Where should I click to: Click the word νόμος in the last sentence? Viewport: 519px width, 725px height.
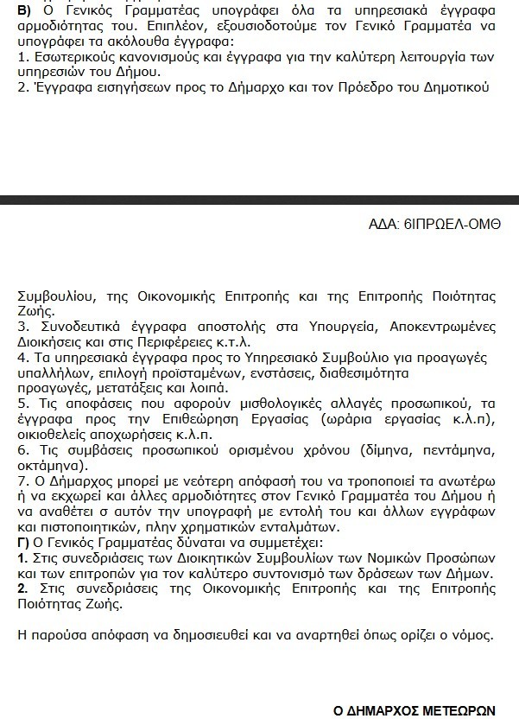[x=472, y=635]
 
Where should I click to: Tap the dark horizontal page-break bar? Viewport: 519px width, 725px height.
[x=259, y=200]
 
